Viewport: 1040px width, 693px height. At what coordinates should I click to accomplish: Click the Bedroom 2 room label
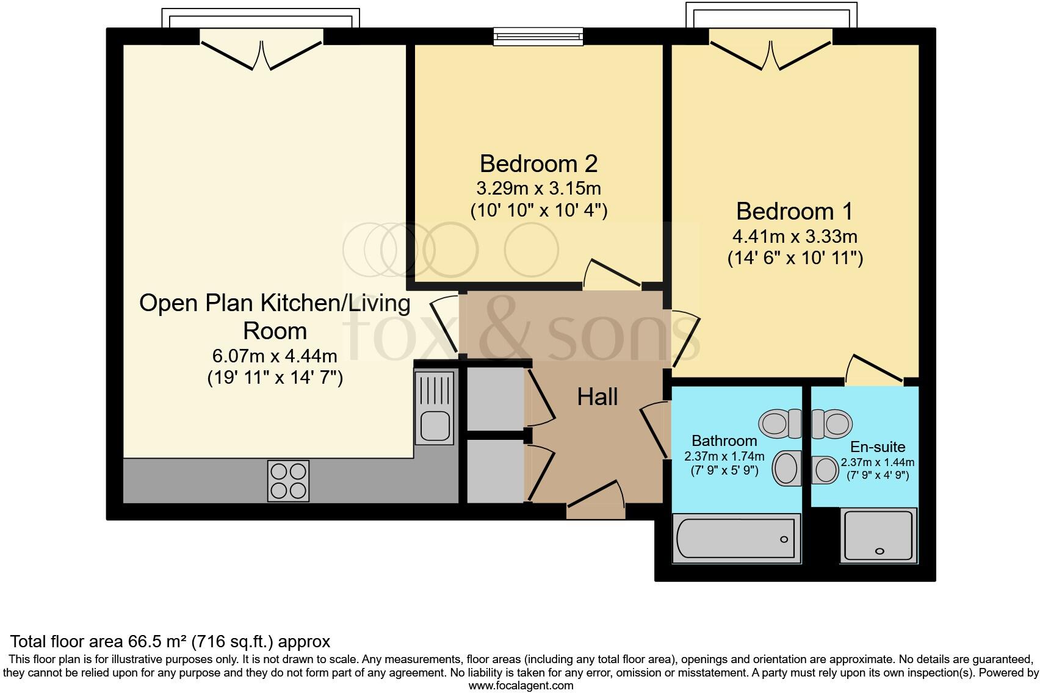[538, 163]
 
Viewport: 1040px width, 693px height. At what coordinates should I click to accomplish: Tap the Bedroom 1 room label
[795, 211]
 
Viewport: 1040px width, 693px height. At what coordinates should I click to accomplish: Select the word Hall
[598, 397]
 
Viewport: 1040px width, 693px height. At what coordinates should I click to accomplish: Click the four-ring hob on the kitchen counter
[288, 481]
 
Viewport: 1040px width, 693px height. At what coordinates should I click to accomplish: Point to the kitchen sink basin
[435, 425]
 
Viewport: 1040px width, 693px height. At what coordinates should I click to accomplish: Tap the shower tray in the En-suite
[879, 536]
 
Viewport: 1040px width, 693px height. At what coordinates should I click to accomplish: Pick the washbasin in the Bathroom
[787, 469]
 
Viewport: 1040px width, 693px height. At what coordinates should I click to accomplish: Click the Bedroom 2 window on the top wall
[538, 37]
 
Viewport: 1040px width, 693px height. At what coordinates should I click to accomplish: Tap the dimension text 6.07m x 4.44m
[275, 355]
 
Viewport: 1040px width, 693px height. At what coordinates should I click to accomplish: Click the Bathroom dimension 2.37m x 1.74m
[724, 456]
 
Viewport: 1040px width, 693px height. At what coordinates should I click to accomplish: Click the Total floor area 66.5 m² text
[170, 641]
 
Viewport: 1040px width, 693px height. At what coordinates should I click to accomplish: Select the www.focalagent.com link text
[521, 685]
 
